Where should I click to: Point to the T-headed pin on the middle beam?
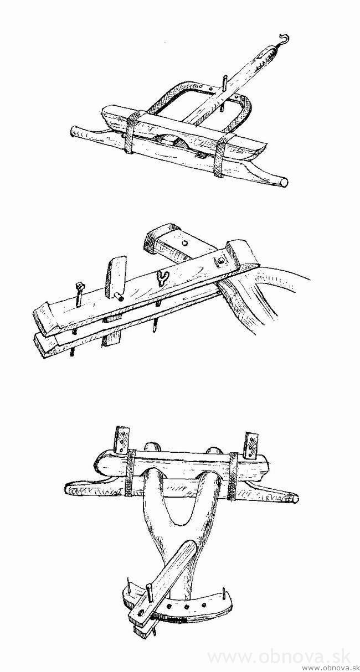tap(79, 296)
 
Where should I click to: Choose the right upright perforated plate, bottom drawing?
tap(251, 446)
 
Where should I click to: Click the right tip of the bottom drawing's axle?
tap(296, 499)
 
